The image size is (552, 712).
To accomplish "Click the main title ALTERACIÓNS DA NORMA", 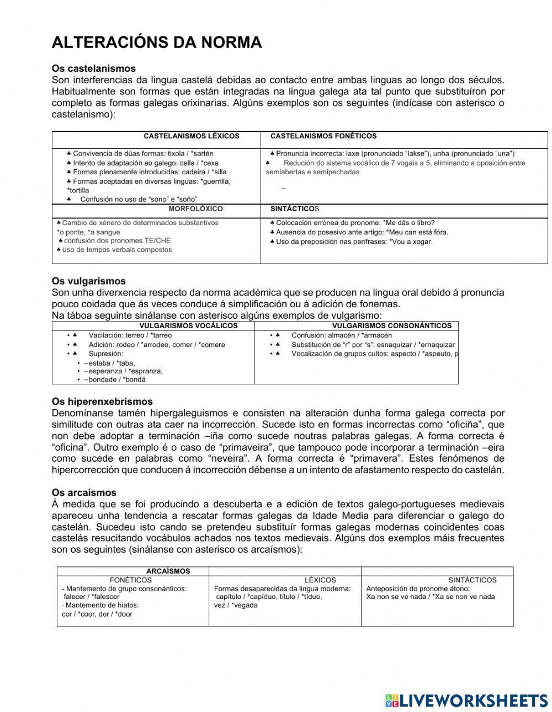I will tap(156, 42).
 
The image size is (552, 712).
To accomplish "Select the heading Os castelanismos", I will tap(93, 68).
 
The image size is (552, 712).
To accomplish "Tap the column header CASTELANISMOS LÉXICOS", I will tap(191, 136).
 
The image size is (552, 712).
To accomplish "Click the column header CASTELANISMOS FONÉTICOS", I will tap(323, 136).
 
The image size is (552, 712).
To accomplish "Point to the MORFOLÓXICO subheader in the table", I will tap(197, 209).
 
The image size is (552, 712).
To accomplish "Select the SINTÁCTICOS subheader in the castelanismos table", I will tap(295, 209).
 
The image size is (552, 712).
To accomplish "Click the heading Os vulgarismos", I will tap(88, 281).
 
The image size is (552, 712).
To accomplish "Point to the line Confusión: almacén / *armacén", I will tap(341, 335).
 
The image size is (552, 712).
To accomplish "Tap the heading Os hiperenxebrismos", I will tap(102, 401).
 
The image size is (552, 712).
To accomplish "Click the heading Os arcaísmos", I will tap(84, 492).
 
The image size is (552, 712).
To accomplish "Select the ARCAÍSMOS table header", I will tap(168, 571).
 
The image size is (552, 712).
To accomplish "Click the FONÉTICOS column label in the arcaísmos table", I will tap(130, 580).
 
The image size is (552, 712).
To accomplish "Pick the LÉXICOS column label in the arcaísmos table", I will tap(320, 580).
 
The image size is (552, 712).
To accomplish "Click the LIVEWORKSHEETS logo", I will tap(466, 700).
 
